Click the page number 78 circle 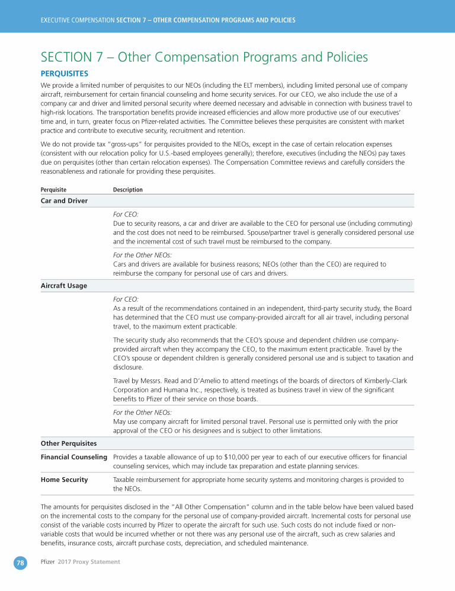(x=21, y=563)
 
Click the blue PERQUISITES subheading (x=64, y=74)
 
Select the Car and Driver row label (x=64, y=201)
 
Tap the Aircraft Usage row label (x=63, y=286)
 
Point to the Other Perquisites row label (x=69, y=443)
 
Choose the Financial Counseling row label (x=73, y=457)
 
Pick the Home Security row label (x=64, y=480)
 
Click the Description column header (x=127, y=190)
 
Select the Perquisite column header (x=53, y=190)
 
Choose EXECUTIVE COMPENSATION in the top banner (x=77, y=20)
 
